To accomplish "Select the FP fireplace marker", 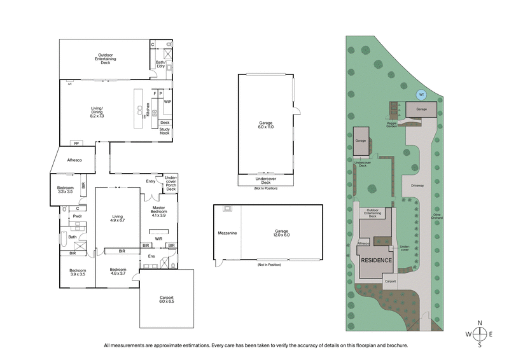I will tap(76, 143).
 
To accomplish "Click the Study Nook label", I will tap(165, 132).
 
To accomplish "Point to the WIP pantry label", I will tap(167, 101).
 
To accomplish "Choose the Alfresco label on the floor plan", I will tap(74, 161).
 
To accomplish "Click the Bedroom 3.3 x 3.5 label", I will tap(65, 189).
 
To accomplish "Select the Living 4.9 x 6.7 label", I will tap(117, 218).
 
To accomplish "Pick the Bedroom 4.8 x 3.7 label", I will tap(117, 272).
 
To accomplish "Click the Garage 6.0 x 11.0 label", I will tap(265, 125).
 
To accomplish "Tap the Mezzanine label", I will tap(228, 233).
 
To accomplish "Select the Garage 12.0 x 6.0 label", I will tap(281, 233).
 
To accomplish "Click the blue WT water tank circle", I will tap(420, 95).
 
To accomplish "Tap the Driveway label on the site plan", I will tap(417, 186).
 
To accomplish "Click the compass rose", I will tap(480, 334).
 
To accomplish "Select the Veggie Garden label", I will tap(391, 125).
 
